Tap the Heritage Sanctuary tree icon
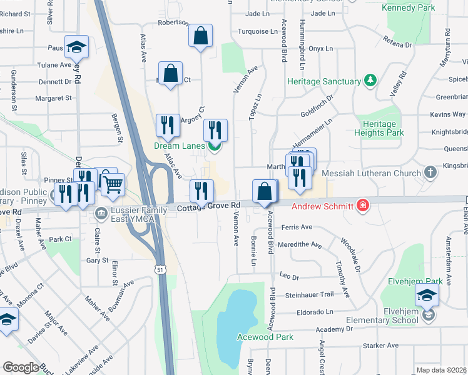pos(370,81)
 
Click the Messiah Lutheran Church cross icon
pos(430,172)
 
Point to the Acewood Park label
pos(265,337)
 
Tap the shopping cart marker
pos(113,183)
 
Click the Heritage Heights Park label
pos(379,128)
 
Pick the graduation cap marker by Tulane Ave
pos(76,47)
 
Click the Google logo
pos(21,367)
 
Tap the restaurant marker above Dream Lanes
pos(215,129)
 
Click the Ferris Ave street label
pos(297,227)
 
